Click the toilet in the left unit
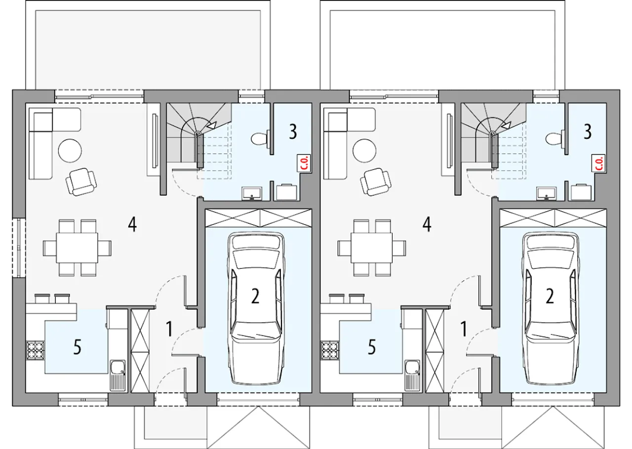click(x=260, y=139)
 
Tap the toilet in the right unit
click(x=554, y=139)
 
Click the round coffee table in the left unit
click(x=70, y=151)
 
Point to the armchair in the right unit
click(x=376, y=182)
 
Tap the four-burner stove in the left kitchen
click(x=36, y=350)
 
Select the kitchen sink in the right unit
click(x=412, y=375)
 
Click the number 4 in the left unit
click(x=132, y=225)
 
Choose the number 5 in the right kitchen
click(x=372, y=347)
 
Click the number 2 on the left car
click(x=255, y=296)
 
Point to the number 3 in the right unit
click(x=588, y=132)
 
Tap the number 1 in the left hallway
click(x=169, y=329)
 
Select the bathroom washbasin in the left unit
click(x=252, y=193)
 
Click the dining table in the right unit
click(x=372, y=248)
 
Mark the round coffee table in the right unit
click(x=364, y=151)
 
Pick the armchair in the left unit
click(x=81, y=182)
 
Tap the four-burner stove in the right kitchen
click(x=330, y=350)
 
